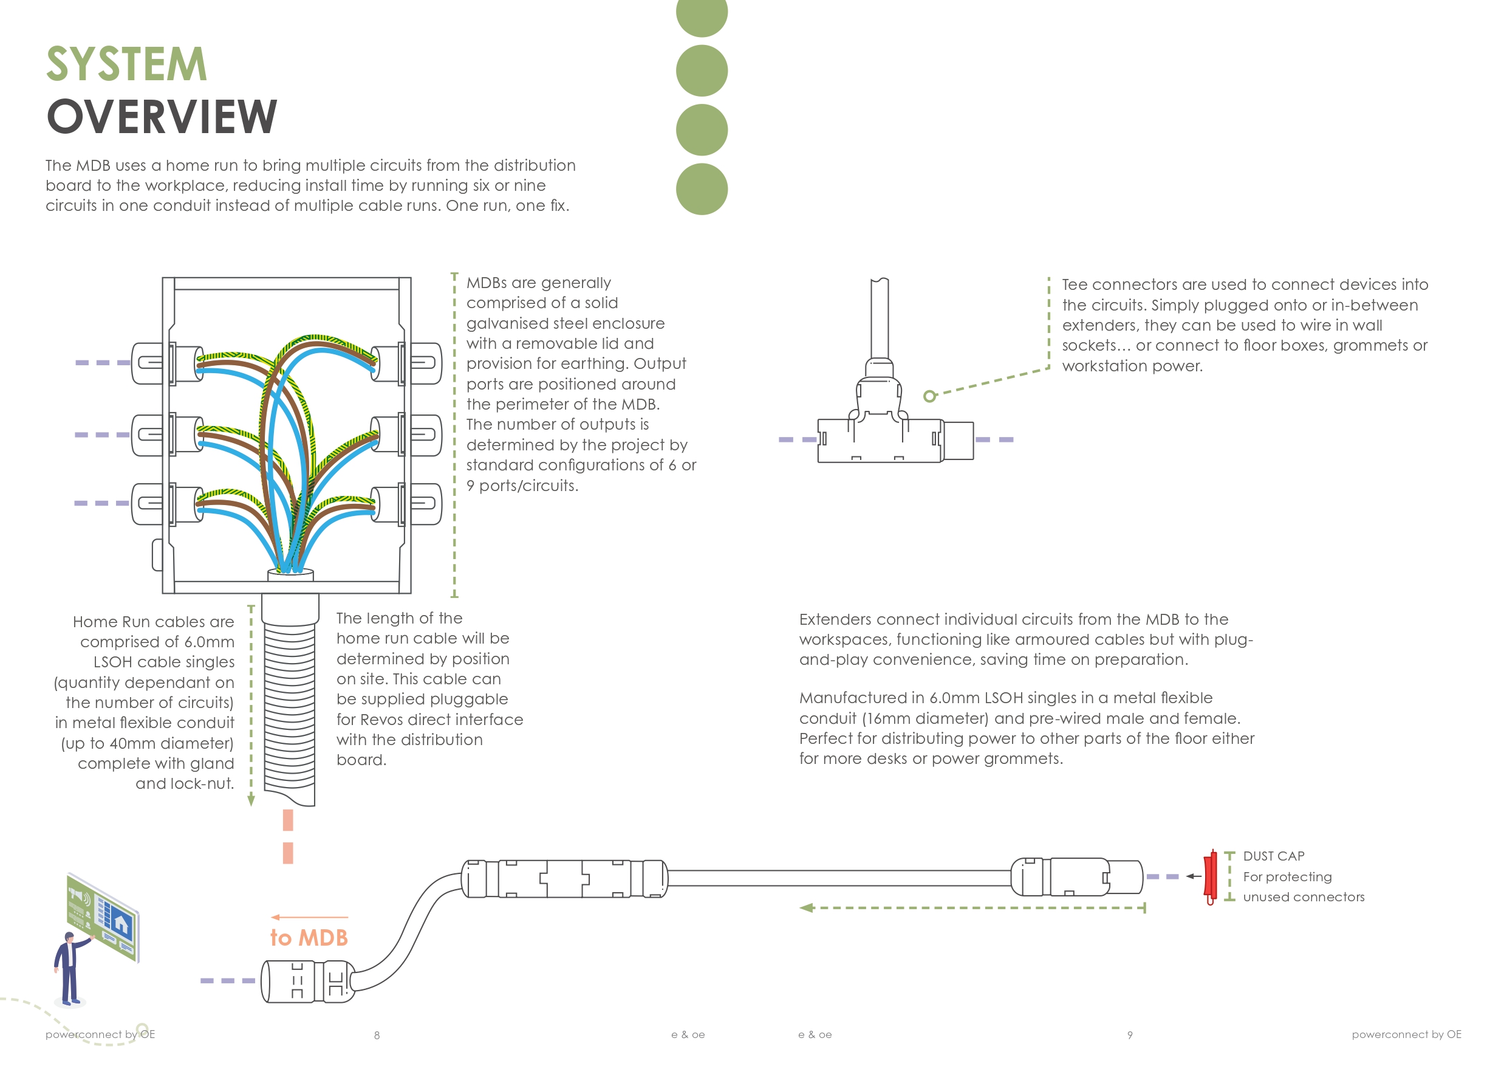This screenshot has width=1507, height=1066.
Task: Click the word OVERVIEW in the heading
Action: click(162, 117)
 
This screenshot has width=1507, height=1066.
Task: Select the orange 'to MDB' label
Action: click(309, 937)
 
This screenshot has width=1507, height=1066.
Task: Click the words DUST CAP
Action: click(1273, 856)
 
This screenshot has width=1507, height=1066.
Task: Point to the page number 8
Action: click(377, 1035)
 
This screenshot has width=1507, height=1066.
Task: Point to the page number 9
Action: click(1130, 1035)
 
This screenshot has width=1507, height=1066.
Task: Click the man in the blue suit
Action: click(68, 968)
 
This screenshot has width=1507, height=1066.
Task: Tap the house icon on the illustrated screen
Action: click(121, 923)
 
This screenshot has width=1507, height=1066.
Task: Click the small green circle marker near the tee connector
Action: click(929, 396)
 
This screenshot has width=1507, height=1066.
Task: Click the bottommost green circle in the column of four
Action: click(702, 189)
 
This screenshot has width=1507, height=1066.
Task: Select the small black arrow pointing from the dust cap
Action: click(1192, 876)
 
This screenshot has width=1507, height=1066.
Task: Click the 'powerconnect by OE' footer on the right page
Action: click(1406, 1034)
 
